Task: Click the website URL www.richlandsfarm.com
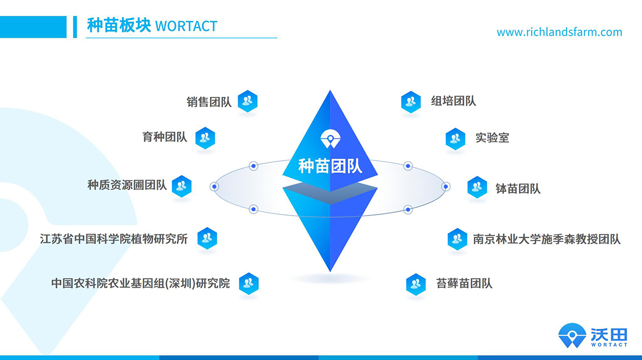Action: pyautogui.click(x=559, y=32)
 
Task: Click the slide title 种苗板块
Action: pyautogui.click(x=119, y=25)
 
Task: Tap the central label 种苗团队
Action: pyautogui.click(x=330, y=165)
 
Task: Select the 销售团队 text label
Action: pyautogui.click(x=209, y=101)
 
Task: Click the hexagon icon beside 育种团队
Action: pyautogui.click(x=205, y=139)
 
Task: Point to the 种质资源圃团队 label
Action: pyautogui.click(x=127, y=185)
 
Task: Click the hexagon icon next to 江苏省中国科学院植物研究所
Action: pyautogui.click(x=207, y=238)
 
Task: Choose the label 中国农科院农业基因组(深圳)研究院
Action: pyautogui.click(x=141, y=283)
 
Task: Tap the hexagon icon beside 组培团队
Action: pyautogui.click(x=411, y=101)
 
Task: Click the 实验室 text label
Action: pyautogui.click(x=492, y=138)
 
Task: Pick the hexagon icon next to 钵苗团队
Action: pyautogui.click(x=477, y=187)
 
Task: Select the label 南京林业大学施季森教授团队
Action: pyautogui.click(x=547, y=239)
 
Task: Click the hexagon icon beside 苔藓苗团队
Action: pyautogui.click(x=416, y=284)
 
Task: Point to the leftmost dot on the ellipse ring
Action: pyautogui.click(x=215, y=186)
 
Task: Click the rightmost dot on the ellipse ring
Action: pyautogui.click(x=446, y=186)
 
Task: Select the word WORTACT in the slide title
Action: pyautogui.click(x=186, y=26)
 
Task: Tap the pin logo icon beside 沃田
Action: pyautogui.click(x=572, y=335)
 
